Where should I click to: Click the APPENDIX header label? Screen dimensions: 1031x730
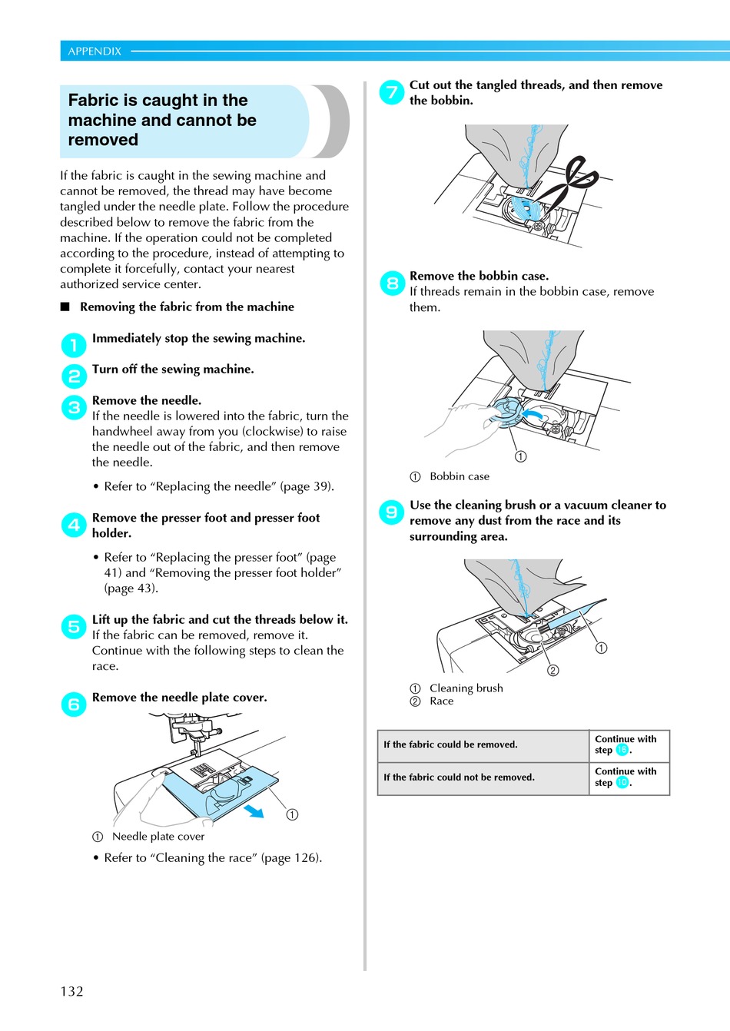click(x=95, y=51)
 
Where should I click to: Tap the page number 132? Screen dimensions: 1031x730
click(x=71, y=991)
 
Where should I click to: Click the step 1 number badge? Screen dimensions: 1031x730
click(x=74, y=345)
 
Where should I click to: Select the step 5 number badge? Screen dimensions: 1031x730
click(x=74, y=627)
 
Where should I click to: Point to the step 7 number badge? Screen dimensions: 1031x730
click(x=392, y=92)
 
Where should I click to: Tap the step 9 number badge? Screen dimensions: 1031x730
click(x=392, y=512)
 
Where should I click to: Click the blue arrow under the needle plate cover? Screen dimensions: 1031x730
click(x=254, y=811)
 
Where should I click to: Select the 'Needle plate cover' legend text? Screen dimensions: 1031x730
click(x=158, y=837)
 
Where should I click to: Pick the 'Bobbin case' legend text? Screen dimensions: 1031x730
click(x=460, y=476)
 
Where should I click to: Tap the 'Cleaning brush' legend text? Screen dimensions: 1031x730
click(x=466, y=688)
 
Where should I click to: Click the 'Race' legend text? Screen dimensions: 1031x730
click(x=442, y=701)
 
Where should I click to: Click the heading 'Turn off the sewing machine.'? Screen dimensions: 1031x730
click(x=173, y=370)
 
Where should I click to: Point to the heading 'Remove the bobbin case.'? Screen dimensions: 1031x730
click(x=479, y=276)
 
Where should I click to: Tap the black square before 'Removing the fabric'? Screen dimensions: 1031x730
click(x=65, y=307)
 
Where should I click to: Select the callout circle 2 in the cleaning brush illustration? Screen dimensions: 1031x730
click(x=553, y=671)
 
